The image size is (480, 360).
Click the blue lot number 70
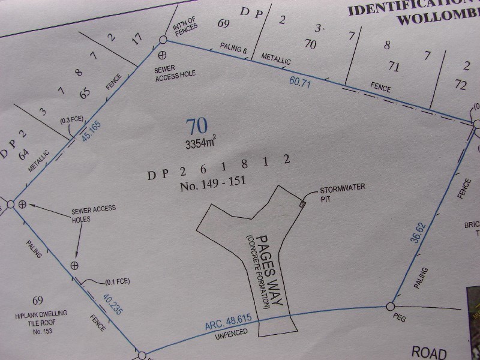(x=197, y=127)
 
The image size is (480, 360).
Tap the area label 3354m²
(x=200, y=143)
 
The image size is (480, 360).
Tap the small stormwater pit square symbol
(x=302, y=204)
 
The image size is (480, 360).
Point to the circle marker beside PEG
(x=389, y=307)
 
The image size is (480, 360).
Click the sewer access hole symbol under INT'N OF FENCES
(x=161, y=55)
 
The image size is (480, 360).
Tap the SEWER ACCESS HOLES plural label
(x=94, y=214)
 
